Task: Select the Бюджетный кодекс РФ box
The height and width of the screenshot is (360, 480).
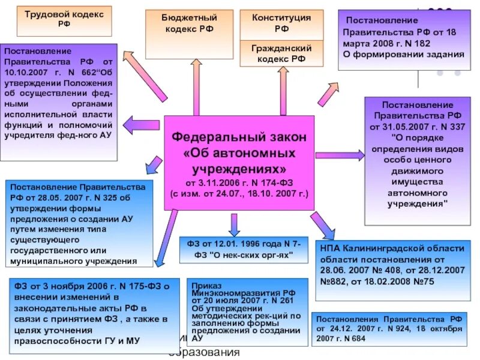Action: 189,23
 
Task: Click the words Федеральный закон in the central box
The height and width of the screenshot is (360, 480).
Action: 239,137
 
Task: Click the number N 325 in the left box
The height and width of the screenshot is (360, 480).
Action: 95,197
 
